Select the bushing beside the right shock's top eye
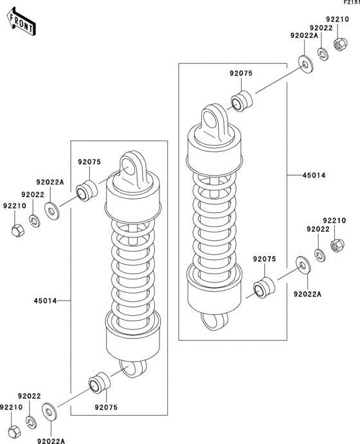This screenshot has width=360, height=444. (x=242, y=102)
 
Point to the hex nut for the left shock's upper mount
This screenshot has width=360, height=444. (x=18, y=228)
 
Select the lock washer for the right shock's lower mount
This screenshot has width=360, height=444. (x=319, y=254)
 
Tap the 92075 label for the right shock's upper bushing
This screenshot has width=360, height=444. (x=241, y=74)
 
